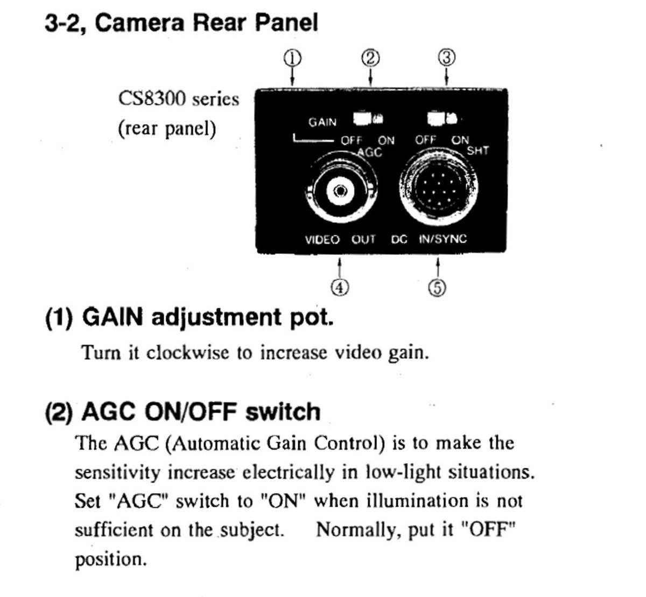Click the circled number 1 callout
[x=292, y=59]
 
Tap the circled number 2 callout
[x=370, y=59]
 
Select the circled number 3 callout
[x=447, y=58]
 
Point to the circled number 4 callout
[x=340, y=288]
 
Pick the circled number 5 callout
[x=438, y=288]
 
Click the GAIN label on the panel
[x=322, y=122]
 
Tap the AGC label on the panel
[x=370, y=152]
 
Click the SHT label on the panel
[x=478, y=151]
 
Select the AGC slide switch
[x=368, y=118]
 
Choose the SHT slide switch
[x=443, y=118]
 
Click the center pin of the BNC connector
[x=340, y=191]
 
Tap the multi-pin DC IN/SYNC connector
[x=439, y=188]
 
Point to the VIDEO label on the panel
[x=322, y=239]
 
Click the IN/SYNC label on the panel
[x=443, y=239]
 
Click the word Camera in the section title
[x=139, y=23]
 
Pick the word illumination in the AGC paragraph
[x=418, y=500]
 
